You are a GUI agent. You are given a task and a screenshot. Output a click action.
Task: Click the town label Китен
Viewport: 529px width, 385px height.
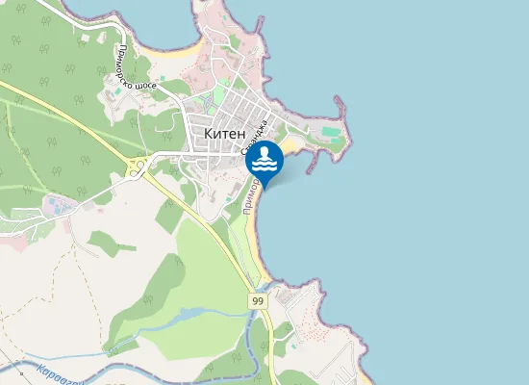coord(225,133)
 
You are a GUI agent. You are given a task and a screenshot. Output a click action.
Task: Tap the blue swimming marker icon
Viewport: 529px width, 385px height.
coord(264,161)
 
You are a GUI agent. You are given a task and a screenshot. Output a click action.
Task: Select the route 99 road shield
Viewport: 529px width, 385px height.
coord(258,301)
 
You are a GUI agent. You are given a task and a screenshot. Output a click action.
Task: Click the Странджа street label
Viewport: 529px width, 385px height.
coord(253,149)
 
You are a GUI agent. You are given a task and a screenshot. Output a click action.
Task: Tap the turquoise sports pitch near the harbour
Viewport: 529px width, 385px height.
coord(330,130)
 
